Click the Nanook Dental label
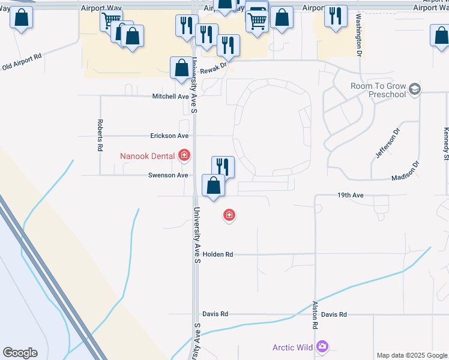tap(147, 157)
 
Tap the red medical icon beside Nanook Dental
tap(184, 157)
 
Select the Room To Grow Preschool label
tap(378, 90)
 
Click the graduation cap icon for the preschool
tap(415, 90)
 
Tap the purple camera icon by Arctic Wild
tap(323, 347)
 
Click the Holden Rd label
tap(218, 254)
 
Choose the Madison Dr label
tap(405, 171)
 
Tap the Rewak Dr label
tap(214, 69)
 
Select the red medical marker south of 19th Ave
tap(229, 215)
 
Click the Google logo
tap(20, 353)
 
